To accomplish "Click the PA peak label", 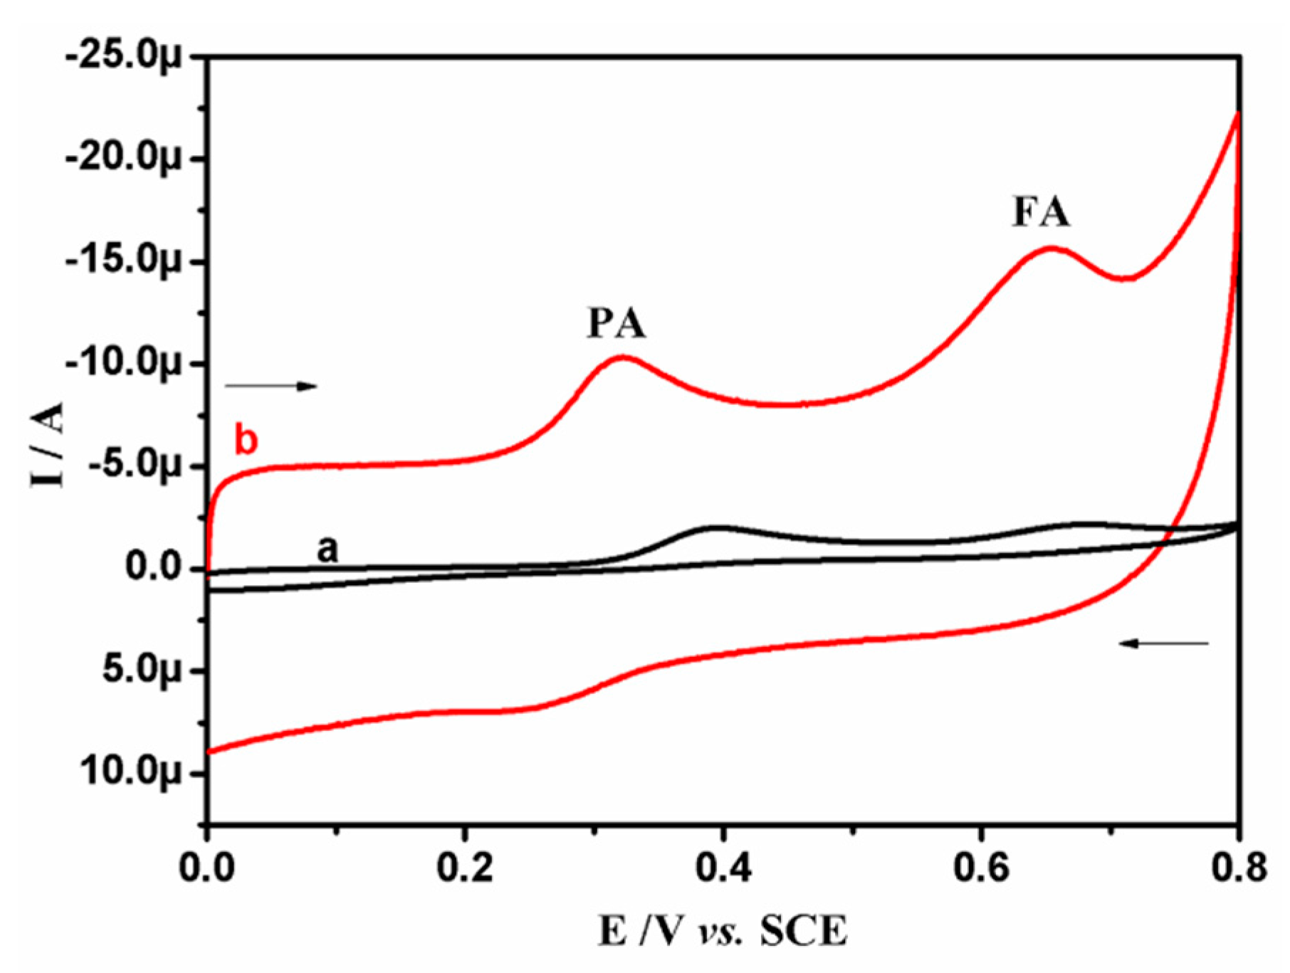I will pos(617,323).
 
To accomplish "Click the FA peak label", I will pos(1041,212).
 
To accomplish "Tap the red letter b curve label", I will pos(246,441).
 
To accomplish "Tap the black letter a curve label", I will pos(327,549).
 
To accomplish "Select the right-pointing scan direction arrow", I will pos(271,386).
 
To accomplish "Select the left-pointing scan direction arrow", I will pos(1164,643).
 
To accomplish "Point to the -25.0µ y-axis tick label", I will pos(124,57).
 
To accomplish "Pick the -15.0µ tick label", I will pos(124,262).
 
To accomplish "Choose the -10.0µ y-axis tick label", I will pos(124,364).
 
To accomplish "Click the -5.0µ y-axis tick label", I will pos(132,467).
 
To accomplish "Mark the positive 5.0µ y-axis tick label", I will pos(142,670).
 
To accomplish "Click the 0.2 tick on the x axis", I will pos(465,869).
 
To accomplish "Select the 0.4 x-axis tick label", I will pos(723,869).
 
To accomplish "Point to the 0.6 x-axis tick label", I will pos(981,869).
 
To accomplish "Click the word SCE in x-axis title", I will pos(804,932).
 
